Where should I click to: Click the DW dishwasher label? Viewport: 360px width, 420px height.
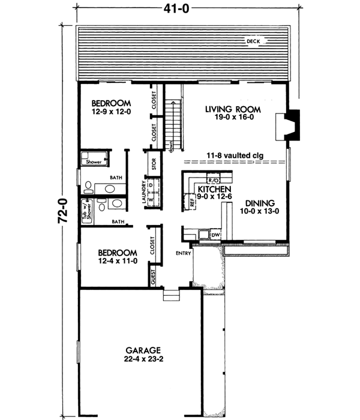pyautogui.click(x=216, y=235)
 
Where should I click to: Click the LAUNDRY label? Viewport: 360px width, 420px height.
pyautogui.click(x=144, y=193)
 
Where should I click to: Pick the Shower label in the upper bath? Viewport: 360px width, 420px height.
pyautogui.click(x=93, y=162)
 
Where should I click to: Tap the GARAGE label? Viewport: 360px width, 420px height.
pyautogui.click(x=142, y=350)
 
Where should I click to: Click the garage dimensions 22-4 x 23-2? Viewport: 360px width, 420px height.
pyautogui.click(x=142, y=359)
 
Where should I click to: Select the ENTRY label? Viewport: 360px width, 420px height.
pyautogui.click(x=184, y=253)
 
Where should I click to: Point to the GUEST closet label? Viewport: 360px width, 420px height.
pyautogui.click(x=154, y=277)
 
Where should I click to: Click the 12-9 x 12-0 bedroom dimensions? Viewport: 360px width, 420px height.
pyautogui.click(x=113, y=112)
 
